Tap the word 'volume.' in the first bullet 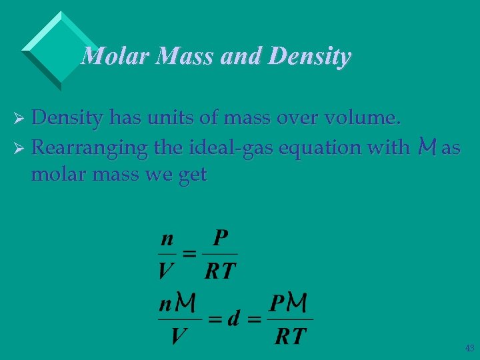[366, 118]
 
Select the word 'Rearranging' [89, 148]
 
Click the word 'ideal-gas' [217, 147]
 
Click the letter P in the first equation [221, 238]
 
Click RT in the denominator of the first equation [220, 271]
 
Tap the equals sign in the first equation [190, 254]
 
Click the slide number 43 [469, 347]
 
